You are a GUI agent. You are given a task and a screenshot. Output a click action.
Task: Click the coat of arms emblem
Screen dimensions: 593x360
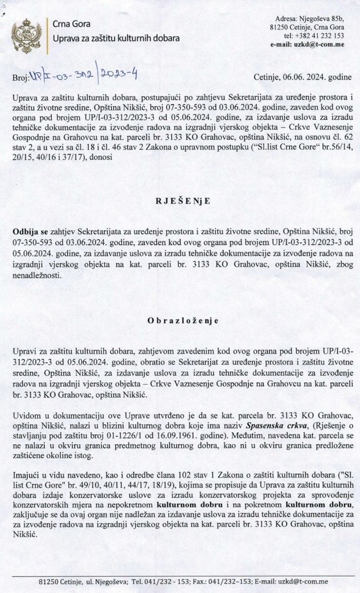coord(24,35)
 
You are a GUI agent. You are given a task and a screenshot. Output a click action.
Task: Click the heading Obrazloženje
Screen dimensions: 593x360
coord(180,321)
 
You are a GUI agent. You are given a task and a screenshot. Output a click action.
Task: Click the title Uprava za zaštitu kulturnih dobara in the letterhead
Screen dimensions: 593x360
coord(116,38)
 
